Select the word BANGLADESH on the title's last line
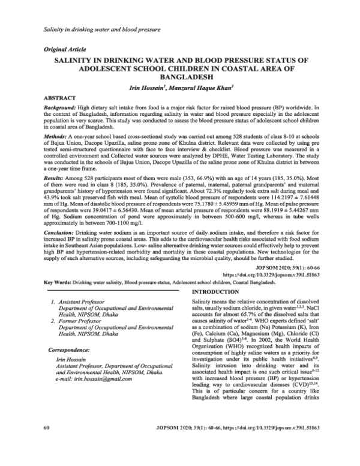(180, 77)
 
